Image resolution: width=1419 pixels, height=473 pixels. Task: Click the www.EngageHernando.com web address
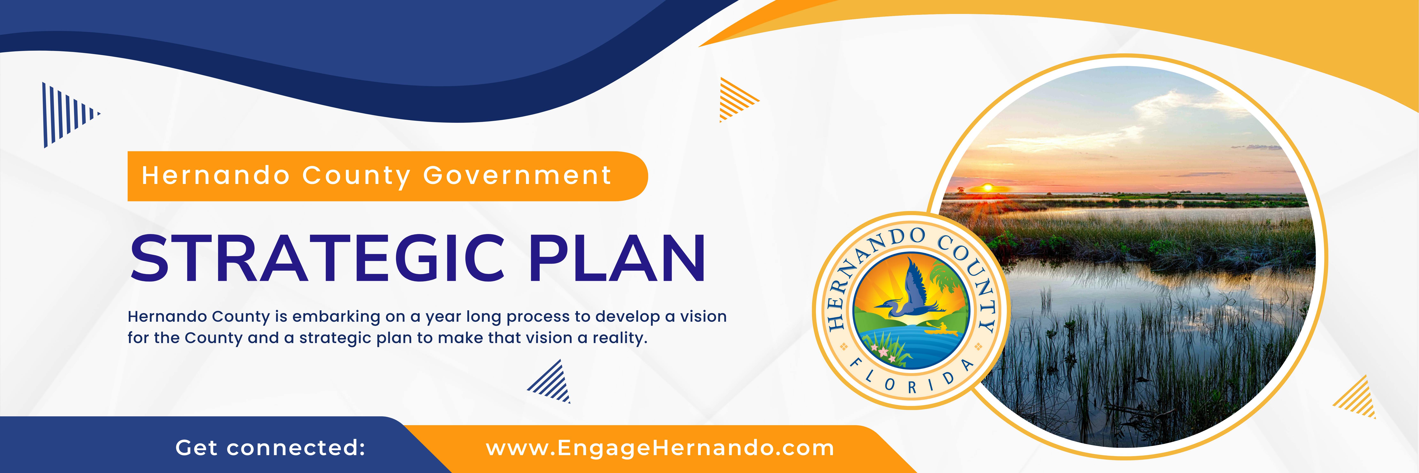(660, 448)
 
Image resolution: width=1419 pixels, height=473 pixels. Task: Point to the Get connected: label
(270, 448)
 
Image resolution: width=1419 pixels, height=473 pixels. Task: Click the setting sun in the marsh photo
(988, 188)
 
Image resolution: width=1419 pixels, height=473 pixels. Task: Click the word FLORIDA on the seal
(912, 380)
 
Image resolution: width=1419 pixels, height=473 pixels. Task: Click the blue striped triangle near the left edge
(66, 115)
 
